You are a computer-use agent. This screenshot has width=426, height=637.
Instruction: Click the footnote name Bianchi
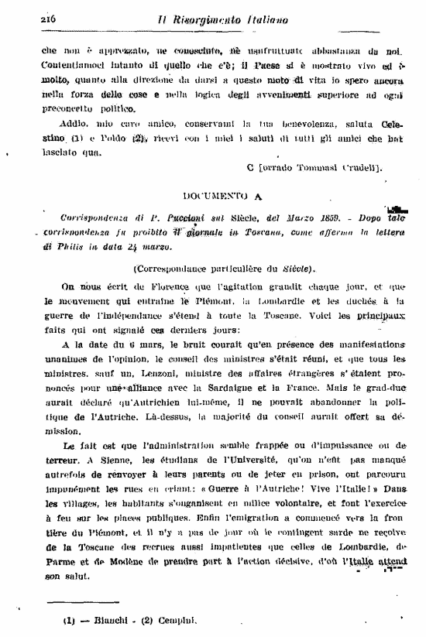click(x=102, y=619)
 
